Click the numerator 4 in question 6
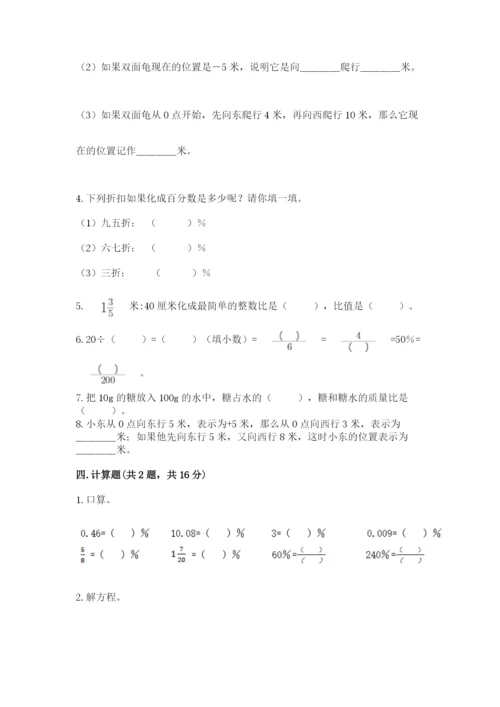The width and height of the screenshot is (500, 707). [x=358, y=335]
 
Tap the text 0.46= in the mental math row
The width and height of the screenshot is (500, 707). [x=91, y=534]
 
